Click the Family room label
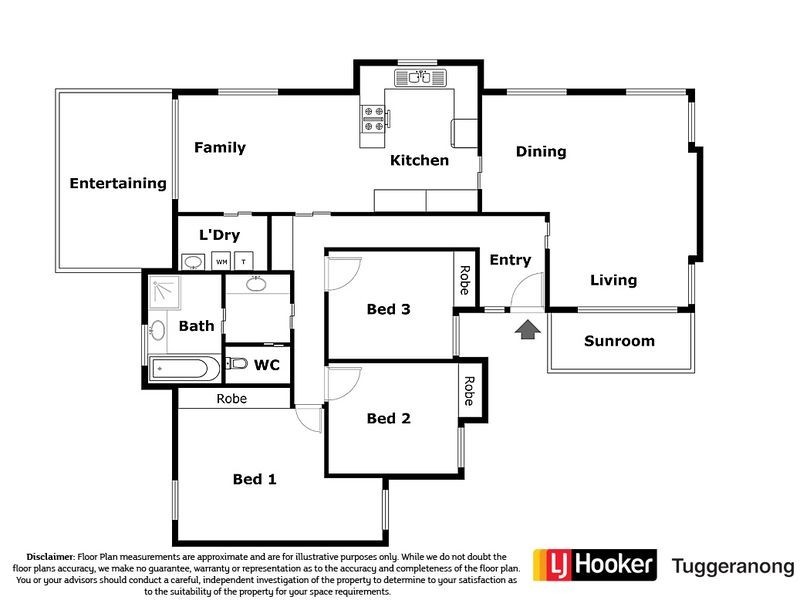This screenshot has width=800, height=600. point(220,147)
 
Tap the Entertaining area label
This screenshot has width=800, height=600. point(118,183)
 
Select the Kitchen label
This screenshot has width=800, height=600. point(419,160)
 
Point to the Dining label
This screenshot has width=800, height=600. point(541,152)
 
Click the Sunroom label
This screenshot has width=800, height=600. point(619,341)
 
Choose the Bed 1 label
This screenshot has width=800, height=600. point(255,479)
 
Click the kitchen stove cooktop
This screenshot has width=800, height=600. point(373,118)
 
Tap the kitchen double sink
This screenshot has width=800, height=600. point(420,78)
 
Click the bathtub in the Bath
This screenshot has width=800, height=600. point(185,368)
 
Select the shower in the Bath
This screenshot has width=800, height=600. point(164,292)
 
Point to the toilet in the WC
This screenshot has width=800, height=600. point(236,364)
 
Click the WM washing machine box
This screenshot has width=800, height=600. point(221,261)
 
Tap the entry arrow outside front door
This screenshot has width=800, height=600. point(528,330)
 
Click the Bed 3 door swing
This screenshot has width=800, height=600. point(343,273)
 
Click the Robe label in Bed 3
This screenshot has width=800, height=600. point(465,280)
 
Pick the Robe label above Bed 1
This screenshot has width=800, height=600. point(232,398)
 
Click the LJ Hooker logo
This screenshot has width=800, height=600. point(595,565)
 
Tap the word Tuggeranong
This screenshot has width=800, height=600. point(733,567)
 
